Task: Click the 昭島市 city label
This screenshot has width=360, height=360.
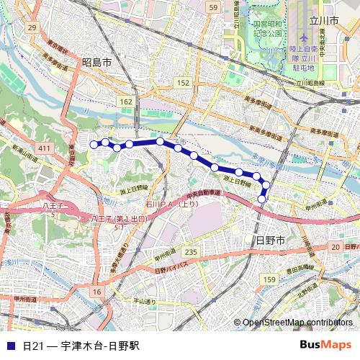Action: pyautogui.click(x=96, y=63)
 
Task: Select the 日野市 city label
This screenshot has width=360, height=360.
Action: pyautogui.click(x=271, y=239)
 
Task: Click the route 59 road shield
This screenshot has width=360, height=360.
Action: pyautogui.click(x=212, y=7)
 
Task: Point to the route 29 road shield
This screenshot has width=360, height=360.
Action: pyautogui.click(x=31, y=27)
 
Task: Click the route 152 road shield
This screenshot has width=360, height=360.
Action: pyautogui.click(x=184, y=84)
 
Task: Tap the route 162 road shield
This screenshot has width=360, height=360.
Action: pyautogui.click(x=127, y=102)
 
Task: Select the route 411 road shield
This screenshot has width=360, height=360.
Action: pyautogui.click(x=45, y=148)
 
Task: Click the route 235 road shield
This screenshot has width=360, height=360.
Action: pyautogui.click(x=189, y=251)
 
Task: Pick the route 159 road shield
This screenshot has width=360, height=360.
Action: pyautogui.click(x=269, y=279)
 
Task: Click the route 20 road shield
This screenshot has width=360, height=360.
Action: pyautogui.click(x=335, y=247)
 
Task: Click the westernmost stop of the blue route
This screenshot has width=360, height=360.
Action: pyautogui.click(x=93, y=145)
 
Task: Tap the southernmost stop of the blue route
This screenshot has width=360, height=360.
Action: pyautogui.click(x=262, y=199)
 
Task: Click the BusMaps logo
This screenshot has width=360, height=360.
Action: pyautogui.click(x=325, y=346)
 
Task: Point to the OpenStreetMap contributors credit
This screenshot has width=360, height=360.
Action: pyautogui.click(x=298, y=323)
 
